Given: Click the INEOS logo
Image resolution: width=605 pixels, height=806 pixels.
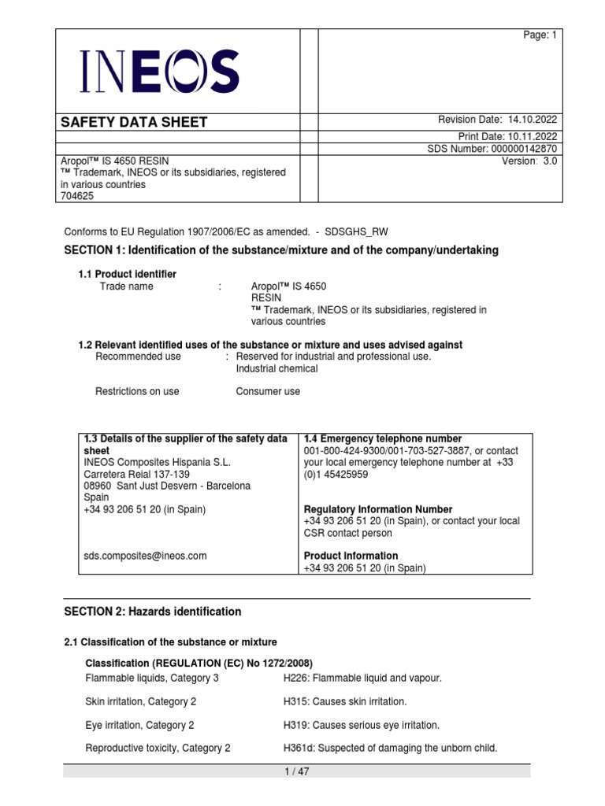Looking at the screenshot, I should tap(160, 71).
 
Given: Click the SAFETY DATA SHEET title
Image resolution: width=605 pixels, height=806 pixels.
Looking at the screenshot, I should tap(135, 122).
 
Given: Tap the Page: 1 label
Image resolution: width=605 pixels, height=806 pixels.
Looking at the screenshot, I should tap(540, 35).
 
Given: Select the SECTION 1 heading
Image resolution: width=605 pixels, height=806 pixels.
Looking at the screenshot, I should tap(280, 250).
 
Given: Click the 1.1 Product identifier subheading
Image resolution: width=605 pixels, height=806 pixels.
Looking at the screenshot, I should tap(127, 274).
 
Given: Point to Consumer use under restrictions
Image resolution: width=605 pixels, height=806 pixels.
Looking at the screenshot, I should tap(268, 391).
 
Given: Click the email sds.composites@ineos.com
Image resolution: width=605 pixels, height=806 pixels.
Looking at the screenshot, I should tap(145, 556).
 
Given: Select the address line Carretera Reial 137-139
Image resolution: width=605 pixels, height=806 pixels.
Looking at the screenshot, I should tap(137, 474).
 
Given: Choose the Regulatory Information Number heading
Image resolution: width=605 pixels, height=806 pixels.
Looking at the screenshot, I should tap(373, 509).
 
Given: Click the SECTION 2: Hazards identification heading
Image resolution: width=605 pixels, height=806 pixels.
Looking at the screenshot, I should tap(152, 612).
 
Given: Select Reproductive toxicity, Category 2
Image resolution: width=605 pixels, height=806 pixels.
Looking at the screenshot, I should tap(158, 749).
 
